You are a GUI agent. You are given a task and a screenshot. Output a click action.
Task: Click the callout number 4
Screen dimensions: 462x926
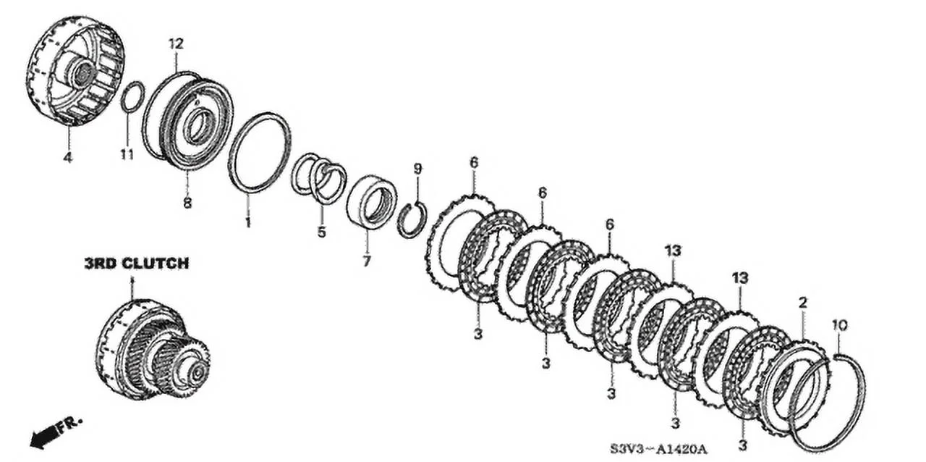point(67,157)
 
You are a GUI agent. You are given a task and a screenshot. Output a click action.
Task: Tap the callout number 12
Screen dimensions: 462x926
point(176,43)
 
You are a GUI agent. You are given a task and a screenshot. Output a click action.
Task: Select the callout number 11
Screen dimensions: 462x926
point(127,154)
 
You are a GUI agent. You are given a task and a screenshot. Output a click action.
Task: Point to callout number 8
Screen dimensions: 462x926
point(187,203)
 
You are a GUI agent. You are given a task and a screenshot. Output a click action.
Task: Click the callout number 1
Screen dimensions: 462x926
point(247,222)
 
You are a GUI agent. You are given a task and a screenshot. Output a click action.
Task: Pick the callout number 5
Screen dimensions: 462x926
point(321,232)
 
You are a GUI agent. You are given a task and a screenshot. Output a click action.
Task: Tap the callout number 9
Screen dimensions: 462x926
point(417,169)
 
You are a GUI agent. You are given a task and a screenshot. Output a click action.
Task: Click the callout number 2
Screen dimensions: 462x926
point(803,302)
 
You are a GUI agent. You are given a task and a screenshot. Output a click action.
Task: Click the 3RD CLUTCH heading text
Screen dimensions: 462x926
point(136,264)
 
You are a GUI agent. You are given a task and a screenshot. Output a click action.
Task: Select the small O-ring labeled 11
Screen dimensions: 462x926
point(132,98)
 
